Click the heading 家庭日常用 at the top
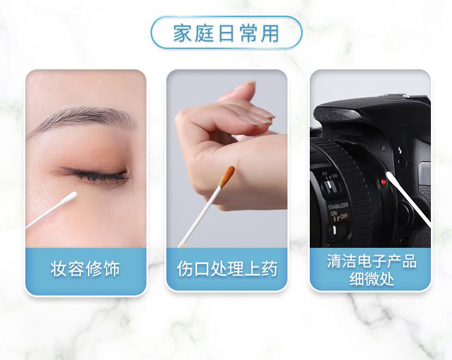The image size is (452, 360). click(x=226, y=33)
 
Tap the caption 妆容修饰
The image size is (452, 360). click(x=86, y=269)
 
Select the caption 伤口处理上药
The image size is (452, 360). click(x=227, y=269)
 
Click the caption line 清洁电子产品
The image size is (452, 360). click(x=371, y=261)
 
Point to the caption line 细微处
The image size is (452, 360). click(x=372, y=279)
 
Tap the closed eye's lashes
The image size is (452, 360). click(x=95, y=174)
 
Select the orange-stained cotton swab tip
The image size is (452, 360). click(x=227, y=176)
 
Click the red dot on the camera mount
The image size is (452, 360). click(x=383, y=182)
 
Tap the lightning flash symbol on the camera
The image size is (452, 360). click(x=400, y=150)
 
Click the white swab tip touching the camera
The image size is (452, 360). click(x=390, y=176)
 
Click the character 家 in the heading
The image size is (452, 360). click(x=182, y=33)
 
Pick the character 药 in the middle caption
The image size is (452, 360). click(x=269, y=269)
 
